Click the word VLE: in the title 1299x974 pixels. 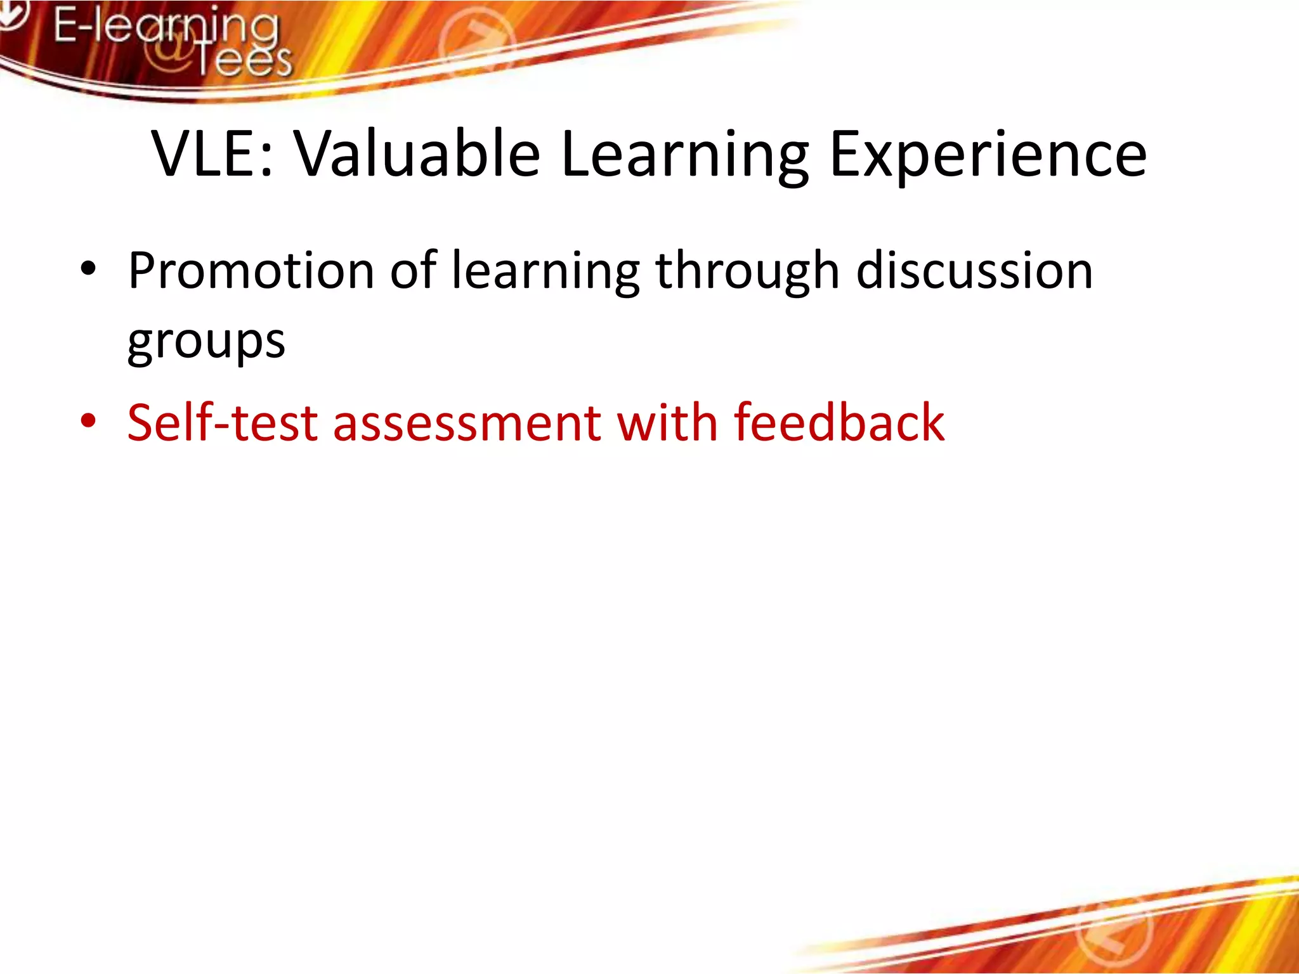click(212, 154)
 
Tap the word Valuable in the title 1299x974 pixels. click(417, 154)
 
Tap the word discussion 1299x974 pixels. click(974, 271)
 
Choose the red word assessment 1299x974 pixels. click(467, 424)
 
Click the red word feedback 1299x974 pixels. click(839, 422)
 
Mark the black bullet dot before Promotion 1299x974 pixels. click(88, 269)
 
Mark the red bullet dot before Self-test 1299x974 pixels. click(88, 420)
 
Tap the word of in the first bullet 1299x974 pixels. click(413, 271)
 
